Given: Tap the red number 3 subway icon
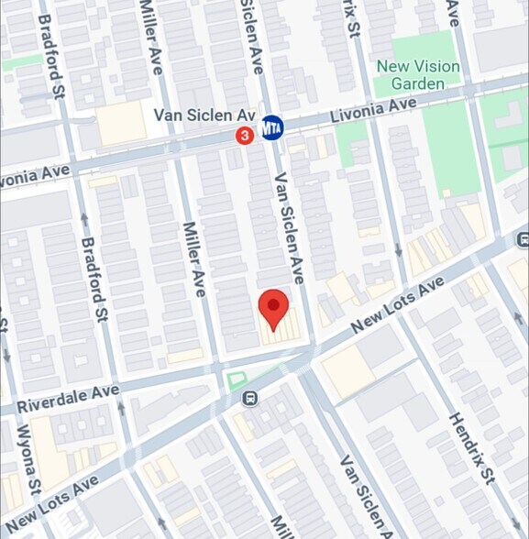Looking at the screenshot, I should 245,136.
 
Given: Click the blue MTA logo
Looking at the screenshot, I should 271,126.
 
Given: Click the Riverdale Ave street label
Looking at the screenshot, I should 68,397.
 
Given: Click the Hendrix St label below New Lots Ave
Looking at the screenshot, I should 471,446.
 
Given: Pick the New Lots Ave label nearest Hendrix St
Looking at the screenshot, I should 391,306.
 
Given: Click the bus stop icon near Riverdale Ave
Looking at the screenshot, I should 248,398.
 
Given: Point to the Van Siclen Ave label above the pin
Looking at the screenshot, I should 290,227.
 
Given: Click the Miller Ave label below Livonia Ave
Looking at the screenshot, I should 193,258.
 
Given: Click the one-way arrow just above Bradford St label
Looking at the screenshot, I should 84,218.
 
